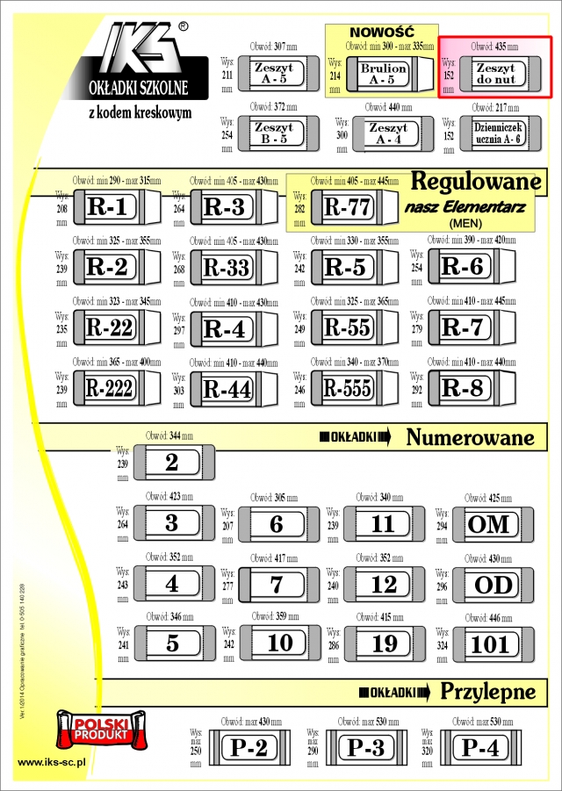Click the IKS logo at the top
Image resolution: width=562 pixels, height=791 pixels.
click(x=145, y=51)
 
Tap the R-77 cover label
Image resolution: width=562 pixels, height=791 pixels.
click(x=349, y=208)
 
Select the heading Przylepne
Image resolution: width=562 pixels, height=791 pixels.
click(x=487, y=691)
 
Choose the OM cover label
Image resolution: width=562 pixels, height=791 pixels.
click(x=490, y=524)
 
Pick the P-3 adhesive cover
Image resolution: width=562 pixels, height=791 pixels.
click(x=365, y=747)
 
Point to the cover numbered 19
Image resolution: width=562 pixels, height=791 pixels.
click(x=385, y=644)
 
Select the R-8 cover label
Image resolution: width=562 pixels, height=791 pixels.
click(x=462, y=387)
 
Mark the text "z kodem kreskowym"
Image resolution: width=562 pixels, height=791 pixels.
click(x=140, y=113)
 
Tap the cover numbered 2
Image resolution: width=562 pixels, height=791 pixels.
click(x=171, y=463)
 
